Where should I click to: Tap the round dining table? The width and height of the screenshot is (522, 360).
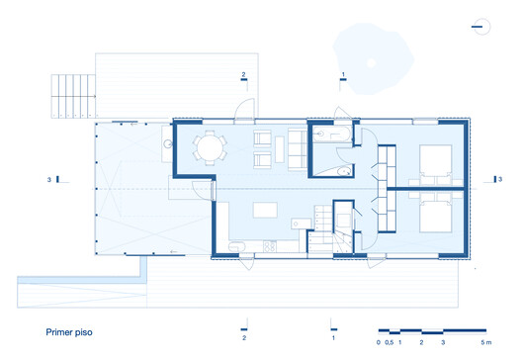tap(210, 148)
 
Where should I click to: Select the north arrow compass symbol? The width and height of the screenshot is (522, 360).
tap(481, 27)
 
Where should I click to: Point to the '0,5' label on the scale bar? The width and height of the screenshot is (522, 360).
tap(390, 341)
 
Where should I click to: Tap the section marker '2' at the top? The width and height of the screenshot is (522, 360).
tap(244, 74)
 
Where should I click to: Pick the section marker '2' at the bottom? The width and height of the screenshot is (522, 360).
tap(244, 337)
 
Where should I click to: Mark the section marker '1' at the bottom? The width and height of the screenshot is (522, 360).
tap(333, 337)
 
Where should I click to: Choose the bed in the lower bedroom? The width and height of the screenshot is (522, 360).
tap(435, 216)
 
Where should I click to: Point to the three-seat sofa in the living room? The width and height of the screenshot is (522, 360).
tap(296, 148)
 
